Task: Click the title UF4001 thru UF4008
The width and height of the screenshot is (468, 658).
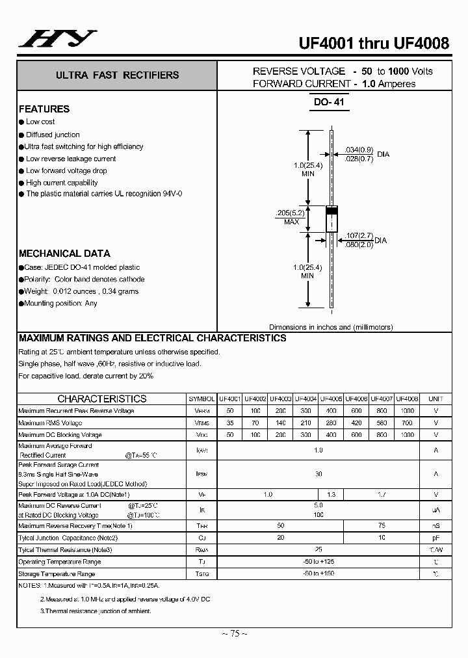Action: point(374,44)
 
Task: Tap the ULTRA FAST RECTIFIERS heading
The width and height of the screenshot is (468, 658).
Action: point(118,75)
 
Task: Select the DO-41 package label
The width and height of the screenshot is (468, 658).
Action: point(331,102)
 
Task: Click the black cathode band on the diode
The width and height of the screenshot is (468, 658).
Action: point(331,211)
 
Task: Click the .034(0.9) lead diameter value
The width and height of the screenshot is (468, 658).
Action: point(359,150)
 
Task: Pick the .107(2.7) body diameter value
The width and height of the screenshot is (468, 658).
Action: point(359,236)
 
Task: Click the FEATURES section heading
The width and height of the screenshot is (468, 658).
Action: point(44,109)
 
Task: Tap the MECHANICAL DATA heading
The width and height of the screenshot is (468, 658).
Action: point(64,254)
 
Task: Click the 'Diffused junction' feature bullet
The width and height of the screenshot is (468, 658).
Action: point(53,135)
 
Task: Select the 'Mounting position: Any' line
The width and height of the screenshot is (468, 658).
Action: point(61,303)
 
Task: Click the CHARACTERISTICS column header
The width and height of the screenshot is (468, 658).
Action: point(102,399)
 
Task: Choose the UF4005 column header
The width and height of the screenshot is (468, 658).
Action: point(331,399)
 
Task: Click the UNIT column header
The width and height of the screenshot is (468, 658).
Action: point(435,399)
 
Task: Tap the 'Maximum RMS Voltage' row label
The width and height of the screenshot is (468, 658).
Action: point(50,423)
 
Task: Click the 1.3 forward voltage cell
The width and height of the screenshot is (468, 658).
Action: point(331,495)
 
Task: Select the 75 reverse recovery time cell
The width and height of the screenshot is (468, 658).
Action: point(382,525)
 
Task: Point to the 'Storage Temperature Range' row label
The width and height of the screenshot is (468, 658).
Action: point(57,573)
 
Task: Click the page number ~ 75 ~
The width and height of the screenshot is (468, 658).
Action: point(234,633)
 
